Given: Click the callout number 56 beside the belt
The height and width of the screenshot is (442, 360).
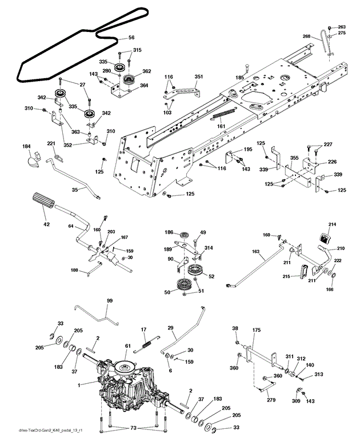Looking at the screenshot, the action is point(131,38).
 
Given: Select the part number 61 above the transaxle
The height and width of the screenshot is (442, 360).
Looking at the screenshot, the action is point(128,346).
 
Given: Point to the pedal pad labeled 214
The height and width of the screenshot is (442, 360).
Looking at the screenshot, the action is point(326,238).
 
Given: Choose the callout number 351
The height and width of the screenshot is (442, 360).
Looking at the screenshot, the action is point(199,77).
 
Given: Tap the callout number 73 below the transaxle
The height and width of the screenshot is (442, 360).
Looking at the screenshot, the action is point(133,428).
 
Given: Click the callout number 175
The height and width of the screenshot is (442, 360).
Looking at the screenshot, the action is point(257,330).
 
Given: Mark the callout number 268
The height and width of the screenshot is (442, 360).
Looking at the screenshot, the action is point(306,37).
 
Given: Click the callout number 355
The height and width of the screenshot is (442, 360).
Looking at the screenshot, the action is point(294,158).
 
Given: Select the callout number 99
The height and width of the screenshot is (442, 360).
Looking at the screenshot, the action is point(110,301).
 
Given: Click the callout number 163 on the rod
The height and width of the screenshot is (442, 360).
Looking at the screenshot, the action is point(256,251).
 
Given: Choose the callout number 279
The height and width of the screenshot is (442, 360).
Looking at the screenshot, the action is point(271,400).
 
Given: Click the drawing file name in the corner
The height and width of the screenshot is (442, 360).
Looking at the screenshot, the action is point(50,431).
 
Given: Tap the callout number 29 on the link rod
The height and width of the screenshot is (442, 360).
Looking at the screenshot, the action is point(170,328).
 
